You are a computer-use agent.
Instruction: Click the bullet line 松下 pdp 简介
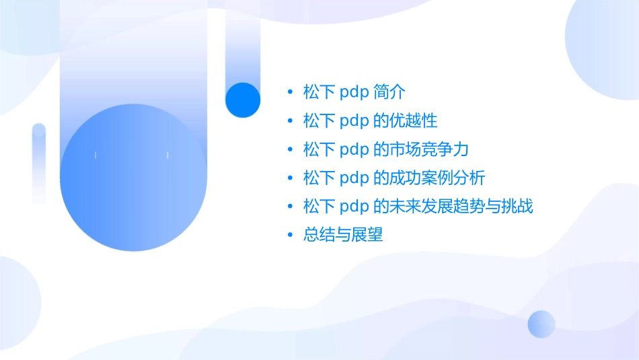coord(354,92)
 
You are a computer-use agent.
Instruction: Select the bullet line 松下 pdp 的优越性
coord(370,120)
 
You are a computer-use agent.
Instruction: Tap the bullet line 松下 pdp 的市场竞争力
coord(385,149)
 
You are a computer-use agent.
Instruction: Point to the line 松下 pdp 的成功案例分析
coord(394,178)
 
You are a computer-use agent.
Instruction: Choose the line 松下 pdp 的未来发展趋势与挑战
coord(418,206)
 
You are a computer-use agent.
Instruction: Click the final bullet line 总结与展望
coord(343,235)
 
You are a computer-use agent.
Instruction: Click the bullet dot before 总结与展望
coord(290,236)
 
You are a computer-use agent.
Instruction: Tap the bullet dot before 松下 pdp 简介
coord(290,92)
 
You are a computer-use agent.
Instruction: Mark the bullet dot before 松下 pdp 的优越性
coord(290,121)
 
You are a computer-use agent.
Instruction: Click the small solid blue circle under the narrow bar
coord(242,100)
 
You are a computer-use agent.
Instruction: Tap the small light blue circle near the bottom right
coord(541,324)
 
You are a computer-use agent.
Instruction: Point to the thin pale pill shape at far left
coord(39,164)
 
